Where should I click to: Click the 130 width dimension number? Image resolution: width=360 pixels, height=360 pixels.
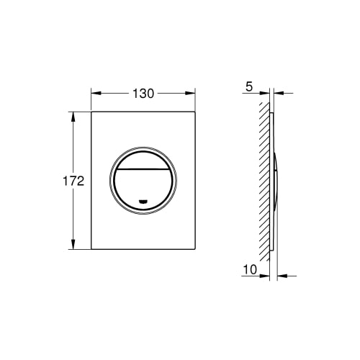[x=143, y=94]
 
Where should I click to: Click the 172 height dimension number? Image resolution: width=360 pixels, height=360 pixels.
[x=73, y=181]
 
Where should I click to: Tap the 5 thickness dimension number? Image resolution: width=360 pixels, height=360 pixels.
[x=249, y=86]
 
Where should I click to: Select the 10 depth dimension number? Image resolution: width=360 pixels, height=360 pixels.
[x=250, y=269]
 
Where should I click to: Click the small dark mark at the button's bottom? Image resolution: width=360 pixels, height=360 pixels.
[x=143, y=202]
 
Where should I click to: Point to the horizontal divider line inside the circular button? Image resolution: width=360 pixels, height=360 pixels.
[x=143, y=169]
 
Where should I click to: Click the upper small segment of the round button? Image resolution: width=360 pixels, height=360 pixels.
[x=143, y=161]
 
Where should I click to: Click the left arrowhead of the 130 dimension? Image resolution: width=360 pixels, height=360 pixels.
[x=96, y=94]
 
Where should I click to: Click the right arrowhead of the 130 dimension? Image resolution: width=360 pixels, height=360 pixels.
[x=190, y=94]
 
